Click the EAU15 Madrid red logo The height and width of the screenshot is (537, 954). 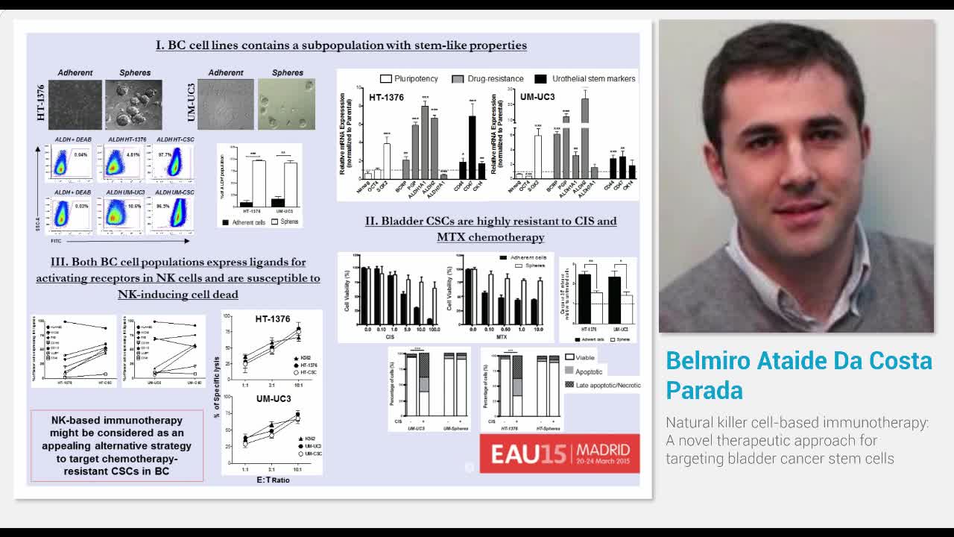pos(559,453)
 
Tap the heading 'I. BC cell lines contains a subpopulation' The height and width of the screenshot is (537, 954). pos(341,45)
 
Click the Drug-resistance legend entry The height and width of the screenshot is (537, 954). pos(487,78)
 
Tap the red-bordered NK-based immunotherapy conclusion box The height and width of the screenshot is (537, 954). pos(116,445)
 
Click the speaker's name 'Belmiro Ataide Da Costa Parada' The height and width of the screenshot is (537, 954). pos(798,375)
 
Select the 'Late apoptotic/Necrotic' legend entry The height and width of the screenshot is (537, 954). pos(602,385)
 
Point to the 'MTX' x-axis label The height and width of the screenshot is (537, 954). pos(492,337)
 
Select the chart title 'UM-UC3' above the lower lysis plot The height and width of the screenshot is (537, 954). pos(273,399)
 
